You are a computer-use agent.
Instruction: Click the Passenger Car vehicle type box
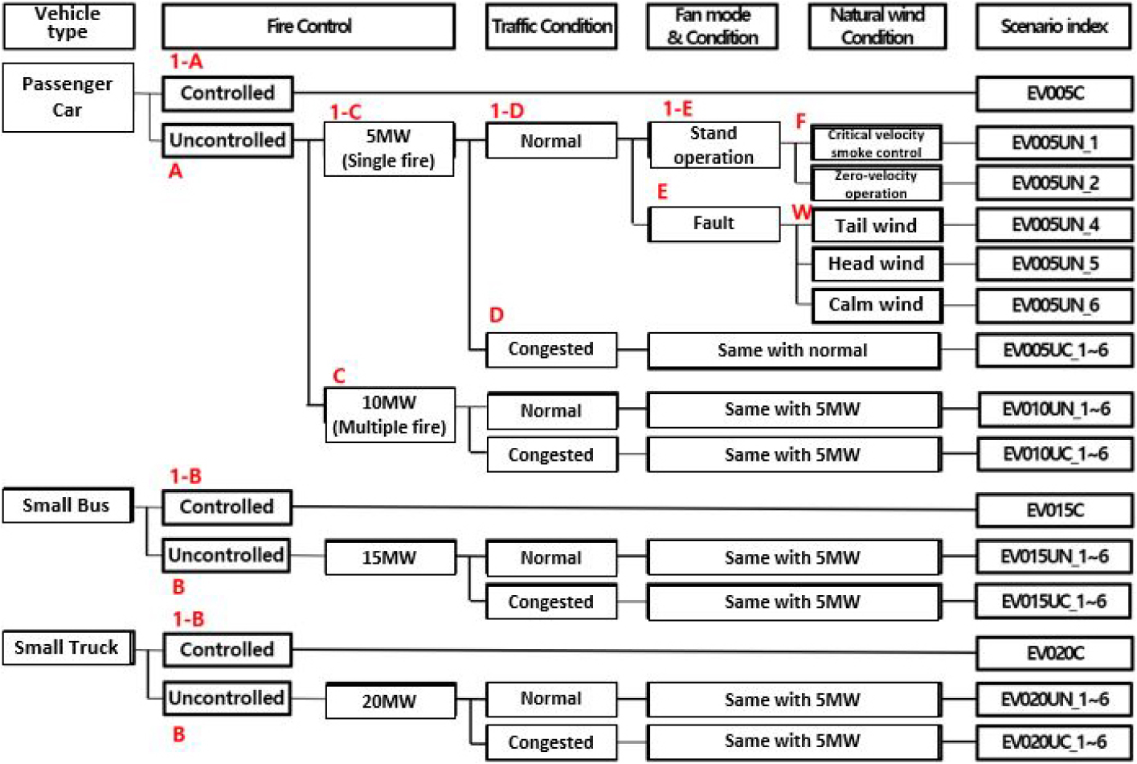pyautogui.click(x=67, y=97)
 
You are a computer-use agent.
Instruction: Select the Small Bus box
pyautogui.click(x=67, y=506)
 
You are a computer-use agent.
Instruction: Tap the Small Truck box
pyautogui.click(x=67, y=648)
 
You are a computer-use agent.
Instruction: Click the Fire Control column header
pyautogui.click(x=309, y=27)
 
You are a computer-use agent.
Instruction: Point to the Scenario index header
pyautogui.click(x=1053, y=27)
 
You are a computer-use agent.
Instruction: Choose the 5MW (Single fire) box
pyautogui.click(x=389, y=148)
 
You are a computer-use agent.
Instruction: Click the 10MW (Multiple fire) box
pyautogui.click(x=390, y=415)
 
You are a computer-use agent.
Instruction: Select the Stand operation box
pyautogui.click(x=714, y=146)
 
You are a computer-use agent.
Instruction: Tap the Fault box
pyautogui.click(x=714, y=224)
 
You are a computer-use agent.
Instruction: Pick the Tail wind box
pyautogui.click(x=876, y=226)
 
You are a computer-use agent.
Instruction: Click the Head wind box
pyautogui.click(x=876, y=264)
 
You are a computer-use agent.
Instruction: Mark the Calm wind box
pyautogui.click(x=876, y=305)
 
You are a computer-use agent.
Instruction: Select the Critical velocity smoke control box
pyautogui.click(x=876, y=143)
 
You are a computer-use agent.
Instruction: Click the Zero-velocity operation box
pyautogui.click(x=876, y=184)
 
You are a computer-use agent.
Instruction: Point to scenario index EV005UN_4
pyautogui.click(x=1054, y=225)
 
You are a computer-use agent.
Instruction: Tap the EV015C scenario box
pyautogui.click(x=1054, y=510)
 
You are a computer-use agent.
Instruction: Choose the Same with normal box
pyautogui.click(x=793, y=351)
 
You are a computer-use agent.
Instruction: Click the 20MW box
pyautogui.click(x=390, y=700)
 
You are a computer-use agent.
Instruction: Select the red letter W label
pyautogui.click(x=801, y=212)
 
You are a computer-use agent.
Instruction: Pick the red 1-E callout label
pyautogui.click(x=677, y=109)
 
